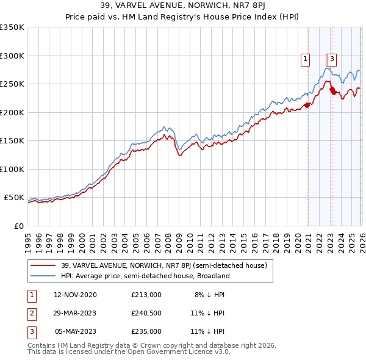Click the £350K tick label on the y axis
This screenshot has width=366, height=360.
coord(12,27)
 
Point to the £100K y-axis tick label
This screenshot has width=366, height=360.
coord(12,169)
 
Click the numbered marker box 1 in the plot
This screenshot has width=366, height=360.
coord(305,59)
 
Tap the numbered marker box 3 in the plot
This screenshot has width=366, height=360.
coord(332,59)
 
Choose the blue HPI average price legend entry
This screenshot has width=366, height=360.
coord(145,276)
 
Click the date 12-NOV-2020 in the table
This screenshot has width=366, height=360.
coord(74,295)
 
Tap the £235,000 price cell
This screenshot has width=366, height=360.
coord(146,331)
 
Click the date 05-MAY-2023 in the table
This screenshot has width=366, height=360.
coord(76,331)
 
